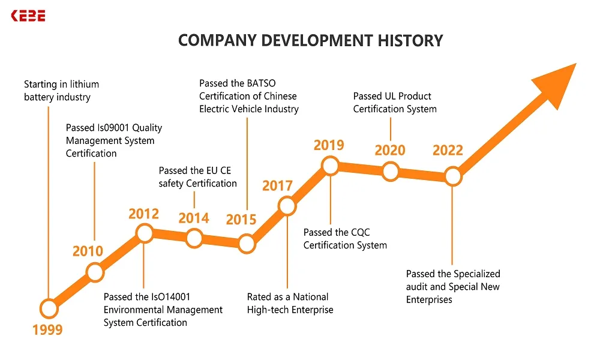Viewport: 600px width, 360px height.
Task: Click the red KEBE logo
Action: (28, 16)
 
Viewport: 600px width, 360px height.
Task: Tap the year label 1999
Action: (47, 329)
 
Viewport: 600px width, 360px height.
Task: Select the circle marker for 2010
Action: (95, 272)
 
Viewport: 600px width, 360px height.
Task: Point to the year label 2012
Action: (143, 214)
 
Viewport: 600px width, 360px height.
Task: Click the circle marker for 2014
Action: (194, 238)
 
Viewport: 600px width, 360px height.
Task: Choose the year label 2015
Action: (241, 220)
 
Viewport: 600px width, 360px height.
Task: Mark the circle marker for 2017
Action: (287, 206)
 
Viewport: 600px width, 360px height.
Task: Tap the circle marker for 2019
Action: (331, 166)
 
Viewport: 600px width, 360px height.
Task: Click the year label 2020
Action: (390, 150)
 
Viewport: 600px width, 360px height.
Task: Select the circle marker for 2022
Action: (453, 176)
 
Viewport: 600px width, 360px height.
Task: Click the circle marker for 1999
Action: (49, 308)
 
